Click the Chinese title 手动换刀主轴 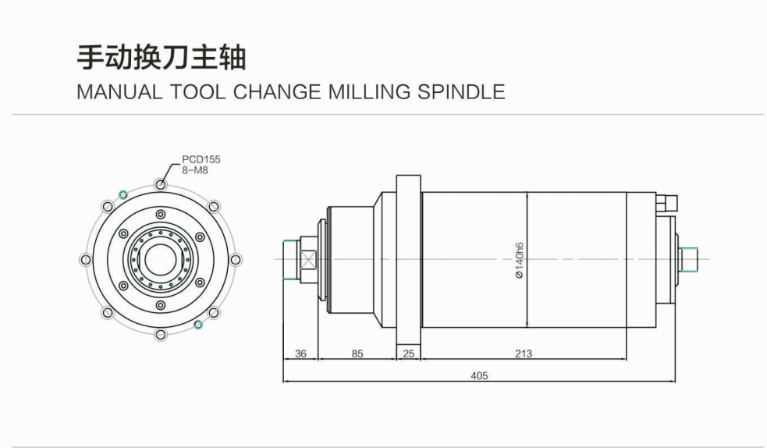tap(161, 58)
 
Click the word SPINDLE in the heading tap(461, 92)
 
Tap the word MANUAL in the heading tap(119, 92)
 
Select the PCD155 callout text tap(201, 159)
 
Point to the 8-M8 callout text tap(195, 170)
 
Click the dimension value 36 tap(301, 353)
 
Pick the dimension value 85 tap(357, 353)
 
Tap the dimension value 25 tap(408, 353)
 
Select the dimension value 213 tap(524, 353)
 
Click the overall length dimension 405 tap(479, 375)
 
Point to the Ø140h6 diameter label tap(520, 260)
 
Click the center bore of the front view tap(161, 260)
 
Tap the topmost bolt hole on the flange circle tap(161, 184)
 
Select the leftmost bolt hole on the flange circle tap(85, 260)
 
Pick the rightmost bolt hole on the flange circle tap(236, 260)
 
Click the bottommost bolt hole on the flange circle tap(161, 335)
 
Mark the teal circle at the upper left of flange tap(123, 194)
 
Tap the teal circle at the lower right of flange tap(198, 325)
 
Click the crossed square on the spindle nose tap(309, 260)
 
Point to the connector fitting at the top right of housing tap(667, 202)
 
